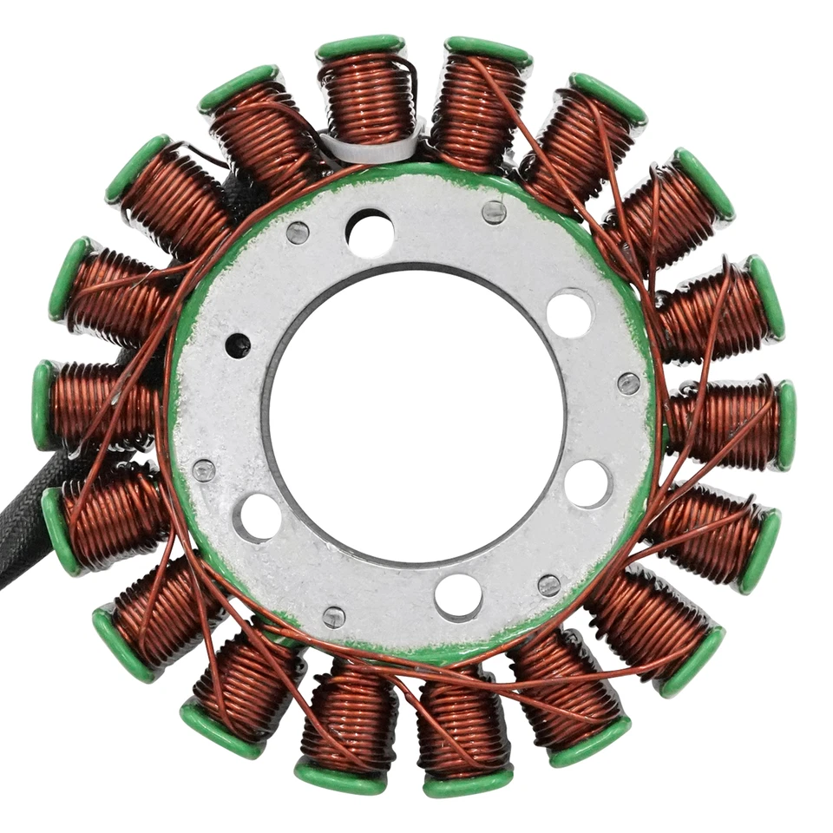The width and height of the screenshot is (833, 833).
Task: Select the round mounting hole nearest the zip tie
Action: tap(370, 233)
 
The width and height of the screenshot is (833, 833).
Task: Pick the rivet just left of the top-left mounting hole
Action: tap(298, 232)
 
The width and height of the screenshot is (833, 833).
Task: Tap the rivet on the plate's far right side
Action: tap(628, 383)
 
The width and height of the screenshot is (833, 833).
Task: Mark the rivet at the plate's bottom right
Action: tap(548, 585)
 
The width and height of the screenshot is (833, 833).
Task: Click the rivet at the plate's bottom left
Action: tap(334, 617)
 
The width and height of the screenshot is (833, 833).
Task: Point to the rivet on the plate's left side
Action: tap(204, 470)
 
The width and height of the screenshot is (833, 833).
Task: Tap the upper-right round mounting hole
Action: tap(570, 312)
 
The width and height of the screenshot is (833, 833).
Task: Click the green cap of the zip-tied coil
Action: tap(360, 47)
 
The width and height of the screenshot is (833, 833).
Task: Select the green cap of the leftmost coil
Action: tap(42, 405)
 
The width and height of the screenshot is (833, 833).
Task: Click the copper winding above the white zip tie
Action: tap(364, 95)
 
